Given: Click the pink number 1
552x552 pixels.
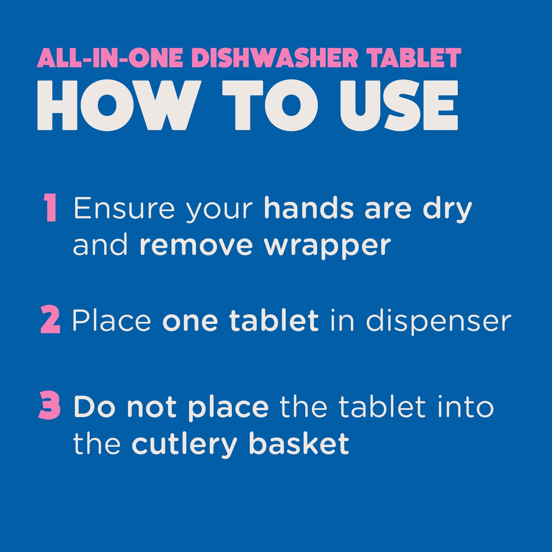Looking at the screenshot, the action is pos(51,207).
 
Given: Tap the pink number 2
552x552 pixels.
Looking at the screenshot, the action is pos(50,319).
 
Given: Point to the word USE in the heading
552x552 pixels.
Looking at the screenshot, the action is pos(399,105).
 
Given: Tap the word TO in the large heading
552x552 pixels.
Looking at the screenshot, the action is pos(270,105).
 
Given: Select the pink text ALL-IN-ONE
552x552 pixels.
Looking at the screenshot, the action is pos(110,58).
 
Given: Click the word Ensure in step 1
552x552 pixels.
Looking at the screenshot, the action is pos(124,208).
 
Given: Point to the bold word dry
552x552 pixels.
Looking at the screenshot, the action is pos(447,210).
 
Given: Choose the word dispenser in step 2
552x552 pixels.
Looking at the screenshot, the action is pos(438,321).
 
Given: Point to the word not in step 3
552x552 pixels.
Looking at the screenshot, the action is pos(152,407).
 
